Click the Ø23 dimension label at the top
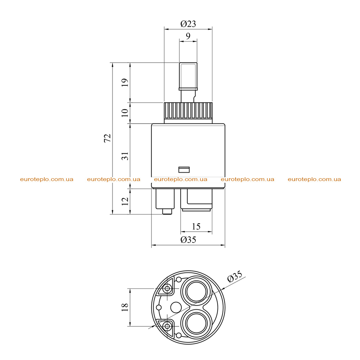point(188,24)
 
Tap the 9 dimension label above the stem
point(188,36)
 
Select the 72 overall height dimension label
point(108,138)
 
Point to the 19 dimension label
point(125,82)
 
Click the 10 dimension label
point(125,113)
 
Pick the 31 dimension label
point(125,156)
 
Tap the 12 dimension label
point(125,201)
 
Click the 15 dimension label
point(196,227)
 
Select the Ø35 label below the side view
point(188,240)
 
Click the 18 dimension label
point(125,307)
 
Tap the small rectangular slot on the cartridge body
point(184,170)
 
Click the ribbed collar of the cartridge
point(188,111)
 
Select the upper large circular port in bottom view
point(197,291)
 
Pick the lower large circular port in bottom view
point(197,323)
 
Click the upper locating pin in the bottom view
point(167,289)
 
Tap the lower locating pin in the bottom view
point(167,326)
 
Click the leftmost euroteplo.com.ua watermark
point(47,179)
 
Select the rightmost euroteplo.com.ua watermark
point(314,179)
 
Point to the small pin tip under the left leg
point(167,211)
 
